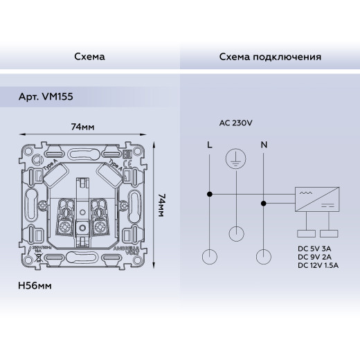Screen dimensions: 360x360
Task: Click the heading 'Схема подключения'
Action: pyautogui.click(x=269, y=57)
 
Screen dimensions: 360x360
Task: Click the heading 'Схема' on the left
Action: pyautogui.click(x=89, y=57)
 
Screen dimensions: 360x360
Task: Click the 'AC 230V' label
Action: pyautogui.click(x=235, y=123)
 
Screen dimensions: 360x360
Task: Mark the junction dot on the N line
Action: pyautogui.click(x=262, y=203)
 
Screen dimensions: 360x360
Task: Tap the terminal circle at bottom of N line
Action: pyautogui.click(x=262, y=258)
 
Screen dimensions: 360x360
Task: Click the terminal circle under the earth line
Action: pyautogui.click(x=236, y=233)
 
